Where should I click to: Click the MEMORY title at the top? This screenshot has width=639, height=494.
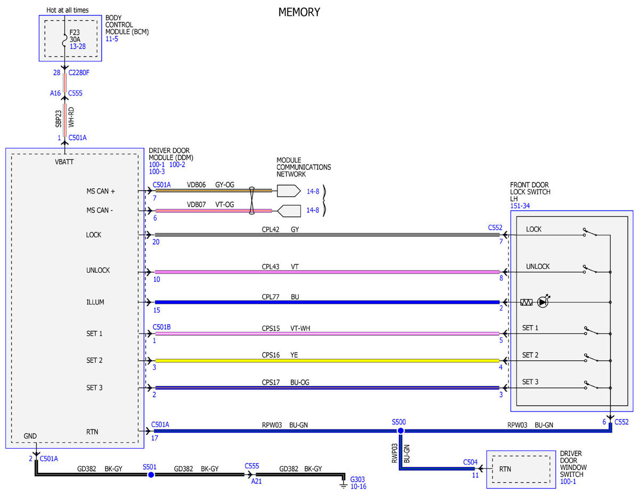[x=299, y=12]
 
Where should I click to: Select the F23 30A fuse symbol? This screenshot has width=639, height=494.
[x=64, y=41]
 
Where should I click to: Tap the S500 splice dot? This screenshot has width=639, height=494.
[x=400, y=431]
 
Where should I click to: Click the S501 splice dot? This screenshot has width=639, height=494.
[x=151, y=475]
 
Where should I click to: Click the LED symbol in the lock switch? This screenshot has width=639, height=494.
[x=543, y=302]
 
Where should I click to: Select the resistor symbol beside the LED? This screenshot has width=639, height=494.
[x=526, y=302]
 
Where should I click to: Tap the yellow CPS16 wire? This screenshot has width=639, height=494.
[x=327, y=360]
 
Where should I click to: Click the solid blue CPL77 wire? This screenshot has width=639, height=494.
[x=327, y=302]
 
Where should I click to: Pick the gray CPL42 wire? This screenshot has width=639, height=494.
[x=327, y=235]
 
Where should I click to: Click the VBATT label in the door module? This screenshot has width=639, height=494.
[x=64, y=162]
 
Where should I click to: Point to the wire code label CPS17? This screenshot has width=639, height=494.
[x=271, y=382]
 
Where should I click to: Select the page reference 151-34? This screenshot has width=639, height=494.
[x=520, y=206]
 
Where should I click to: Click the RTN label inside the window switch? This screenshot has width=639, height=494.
[x=505, y=469]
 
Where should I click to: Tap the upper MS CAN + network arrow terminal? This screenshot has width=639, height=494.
[x=289, y=191]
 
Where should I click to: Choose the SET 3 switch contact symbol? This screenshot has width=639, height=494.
[x=592, y=385]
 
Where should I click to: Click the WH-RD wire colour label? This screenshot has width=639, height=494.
[x=71, y=117]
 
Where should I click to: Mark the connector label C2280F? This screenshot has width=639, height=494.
[x=78, y=72]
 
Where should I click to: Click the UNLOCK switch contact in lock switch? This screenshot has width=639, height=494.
[x=590, y=269]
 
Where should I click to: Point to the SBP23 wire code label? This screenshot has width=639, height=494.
[x=59, y=119]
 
